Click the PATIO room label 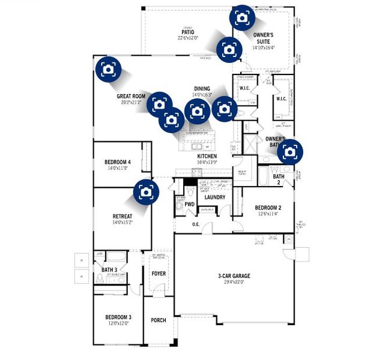[x=189, y=32]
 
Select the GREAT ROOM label [x=131, y=96]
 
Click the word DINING [x=201, y=89]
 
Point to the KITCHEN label [x=207, y=155]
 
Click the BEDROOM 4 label [x=118, y=163]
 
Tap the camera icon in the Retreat [x=145, y=191]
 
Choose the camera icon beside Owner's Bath [x=290, y=152]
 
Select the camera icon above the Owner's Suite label [x=241, y=18]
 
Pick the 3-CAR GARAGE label [x=234, y=276]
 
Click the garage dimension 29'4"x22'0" [x=234, y=283]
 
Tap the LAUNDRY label [x=214, y=197]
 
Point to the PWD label [x=189, y=204]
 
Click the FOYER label [x=159, y=274]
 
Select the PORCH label [x=159, y=320]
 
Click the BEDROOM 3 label [x=118, y=316]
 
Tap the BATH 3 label [x=109, y=270]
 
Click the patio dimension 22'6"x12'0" [x=189, y=38]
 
